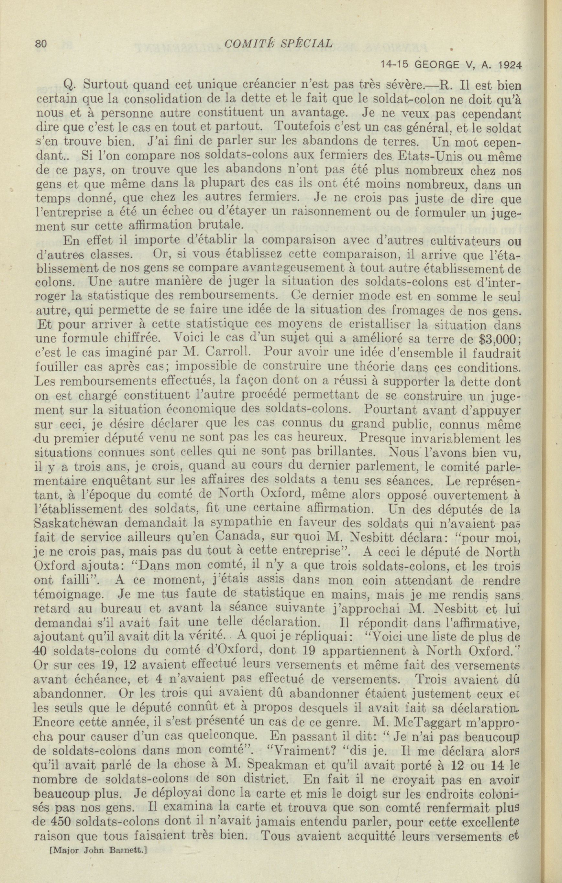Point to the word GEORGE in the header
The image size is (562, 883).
(438, 65)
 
